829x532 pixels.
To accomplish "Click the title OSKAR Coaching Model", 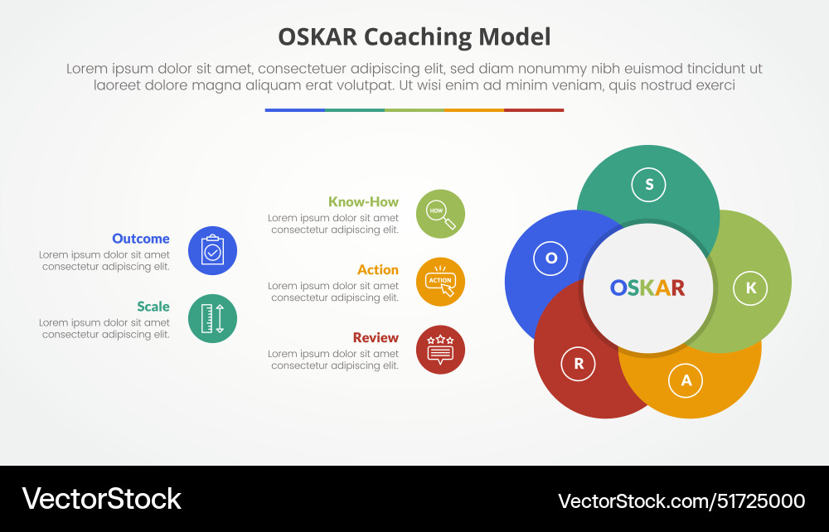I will [x=414, y=37].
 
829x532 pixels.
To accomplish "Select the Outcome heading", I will [x=141, y=239].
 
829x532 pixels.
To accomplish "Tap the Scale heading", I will [x=153, y=307].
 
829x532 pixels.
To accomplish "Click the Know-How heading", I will [x=363, y=201].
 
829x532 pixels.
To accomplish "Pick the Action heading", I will [x=378, y=269].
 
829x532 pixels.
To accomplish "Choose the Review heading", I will [x=376, y=337].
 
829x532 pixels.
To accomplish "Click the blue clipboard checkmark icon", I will [x=212, y=250].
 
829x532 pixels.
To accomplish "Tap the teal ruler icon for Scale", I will [x=212, y=318].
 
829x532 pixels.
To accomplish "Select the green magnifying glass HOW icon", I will [x=440, y=214].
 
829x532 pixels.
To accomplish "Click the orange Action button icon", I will [x=440, y=282].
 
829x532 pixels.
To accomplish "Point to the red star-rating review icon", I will [x=440, y=350].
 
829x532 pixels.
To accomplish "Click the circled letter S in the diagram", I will [x=649, y=185].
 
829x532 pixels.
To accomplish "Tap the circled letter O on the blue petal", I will [x=551, y=259].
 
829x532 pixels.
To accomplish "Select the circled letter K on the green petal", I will [x=750, y=288].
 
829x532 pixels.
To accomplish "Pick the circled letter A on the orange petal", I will [x=686, y=380].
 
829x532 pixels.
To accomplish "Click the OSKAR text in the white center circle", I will [x=647, y=288].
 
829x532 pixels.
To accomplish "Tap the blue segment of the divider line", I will [x=294, y=110].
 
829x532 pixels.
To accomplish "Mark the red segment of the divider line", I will [x=534, y=110].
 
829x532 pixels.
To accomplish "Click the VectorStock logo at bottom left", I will [x=101, y=499].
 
